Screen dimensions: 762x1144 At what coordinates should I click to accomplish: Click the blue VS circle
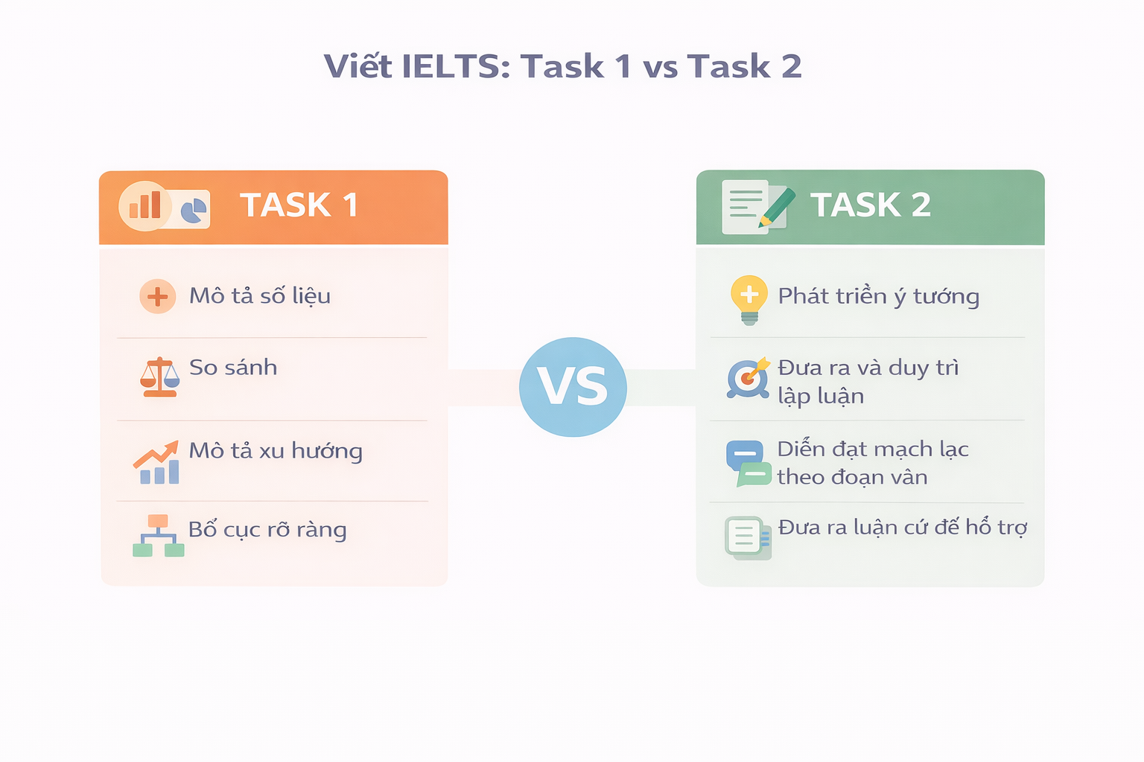pyautogui.click(x=572, y=387)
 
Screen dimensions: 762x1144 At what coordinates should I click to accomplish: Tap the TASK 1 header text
pyautogui.click(x=299, y=205)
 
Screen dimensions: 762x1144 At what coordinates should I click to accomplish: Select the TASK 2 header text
pyautogui.click(x=870, y=205)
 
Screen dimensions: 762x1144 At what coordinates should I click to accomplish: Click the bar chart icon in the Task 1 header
pyautogui.click(x=145, y=205)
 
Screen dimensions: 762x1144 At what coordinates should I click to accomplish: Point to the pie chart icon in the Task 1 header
pyautogui.click(x=194, y=210)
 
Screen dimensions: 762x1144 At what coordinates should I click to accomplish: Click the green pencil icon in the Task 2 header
pyautogui.click(x=777, y=206)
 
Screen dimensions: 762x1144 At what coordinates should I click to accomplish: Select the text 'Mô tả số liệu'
pyautogui.click(x=259, y=295)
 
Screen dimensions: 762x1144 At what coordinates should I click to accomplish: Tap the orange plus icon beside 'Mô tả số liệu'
pyautogui.click(x=157, y=296)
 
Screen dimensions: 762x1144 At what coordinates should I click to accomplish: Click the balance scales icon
pyautogui.click(x=159, y=377)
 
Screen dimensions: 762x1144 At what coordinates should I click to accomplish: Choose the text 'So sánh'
pyautogui.click(x=233, y=367)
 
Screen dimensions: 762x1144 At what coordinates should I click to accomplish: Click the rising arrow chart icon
pyautogui.click(x=157, y=463)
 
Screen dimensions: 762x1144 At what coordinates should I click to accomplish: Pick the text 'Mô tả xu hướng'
pyautogui.click(x=276, y=451)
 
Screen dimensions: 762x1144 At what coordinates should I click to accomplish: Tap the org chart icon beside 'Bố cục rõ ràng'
pyautogui.click(x=158, y=536)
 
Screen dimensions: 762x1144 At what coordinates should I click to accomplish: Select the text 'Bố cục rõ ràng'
pyautogui.click(x=267, y=530)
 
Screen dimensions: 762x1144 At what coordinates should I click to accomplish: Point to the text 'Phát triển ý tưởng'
pyautogui.click(x=878, y=296)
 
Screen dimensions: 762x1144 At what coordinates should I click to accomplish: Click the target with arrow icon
pyautogui.click(x=747, y=378)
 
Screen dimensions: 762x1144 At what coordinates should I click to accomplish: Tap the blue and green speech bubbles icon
pyautogui.click(x=748, y=463)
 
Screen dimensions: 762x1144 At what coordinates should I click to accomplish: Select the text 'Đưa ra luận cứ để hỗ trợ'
pyautogui.click(x=902, y=528)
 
